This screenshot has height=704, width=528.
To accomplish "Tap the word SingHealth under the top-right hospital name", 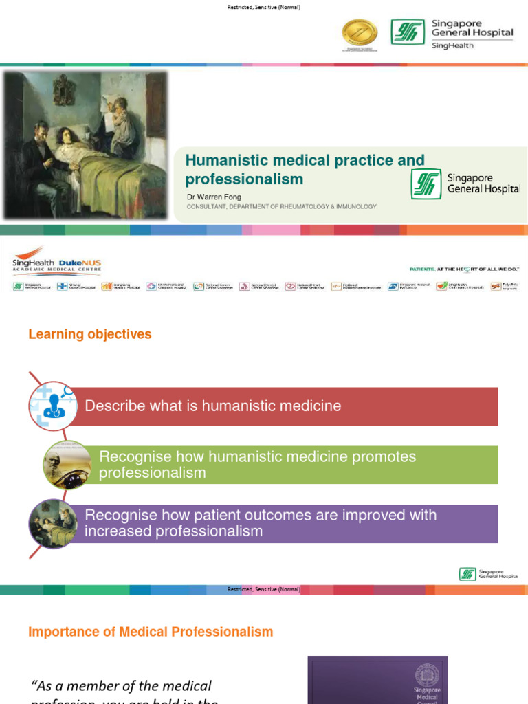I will pos(452,46).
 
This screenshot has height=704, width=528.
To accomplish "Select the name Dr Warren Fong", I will pos(214,197).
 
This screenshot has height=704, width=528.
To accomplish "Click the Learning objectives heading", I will pos(89,334).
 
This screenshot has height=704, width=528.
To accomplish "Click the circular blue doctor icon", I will pos(53,406).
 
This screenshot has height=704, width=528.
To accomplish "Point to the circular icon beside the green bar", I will pos(67,465).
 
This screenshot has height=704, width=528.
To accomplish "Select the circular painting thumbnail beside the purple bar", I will pos(53,523).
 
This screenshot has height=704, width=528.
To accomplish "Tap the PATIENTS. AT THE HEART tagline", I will pos(464,270).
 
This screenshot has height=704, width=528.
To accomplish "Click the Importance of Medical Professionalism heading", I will pos(151,632).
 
